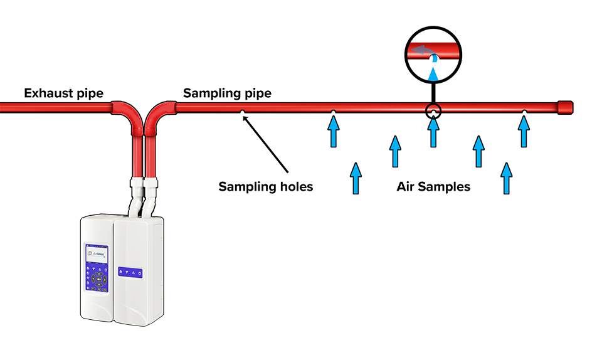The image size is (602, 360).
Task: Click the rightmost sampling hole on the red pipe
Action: click(x=524, y=112)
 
